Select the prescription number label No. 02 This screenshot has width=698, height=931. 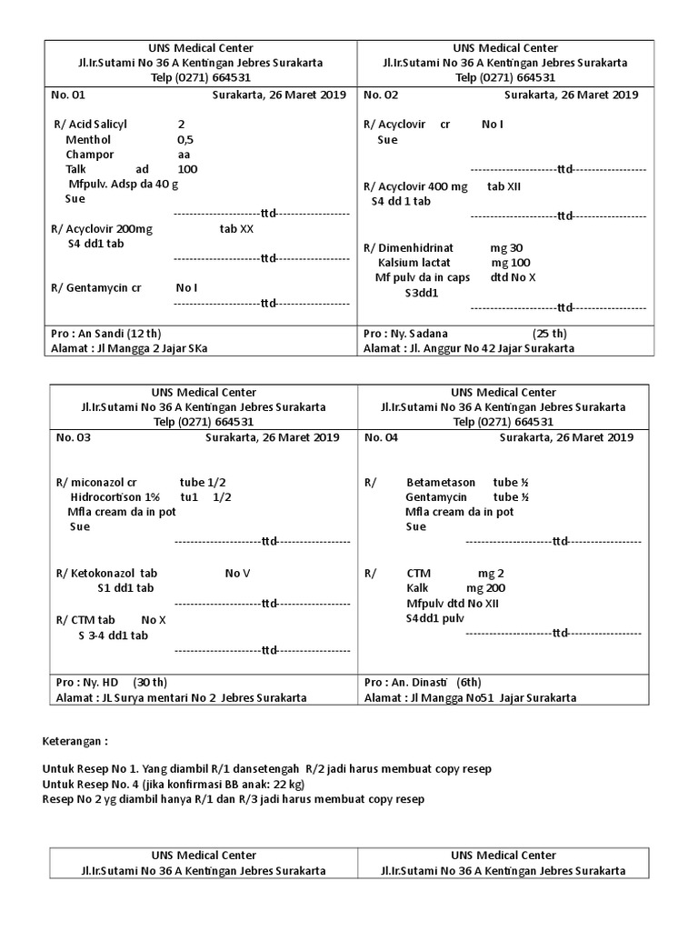pyautogui.click(x=380, y=95)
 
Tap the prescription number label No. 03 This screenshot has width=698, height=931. pyautogui.click(x=74, y=437)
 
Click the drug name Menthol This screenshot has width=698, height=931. pyautogui.click(x=88, y=140)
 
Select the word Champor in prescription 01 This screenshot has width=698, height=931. pyautogui.click(x=89, y=155)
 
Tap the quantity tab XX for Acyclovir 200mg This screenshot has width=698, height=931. pyautogui.click(x=236, y=230)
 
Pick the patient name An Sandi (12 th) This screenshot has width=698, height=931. pyautogui.click(x=108, y=334)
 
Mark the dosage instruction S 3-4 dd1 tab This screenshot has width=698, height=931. pyautogui.click(x=112, y=636)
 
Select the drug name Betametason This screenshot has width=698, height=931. pyautogui.click(x=442, y=483)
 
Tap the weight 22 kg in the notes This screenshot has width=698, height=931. pyautogui.click(x=286, y=784)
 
